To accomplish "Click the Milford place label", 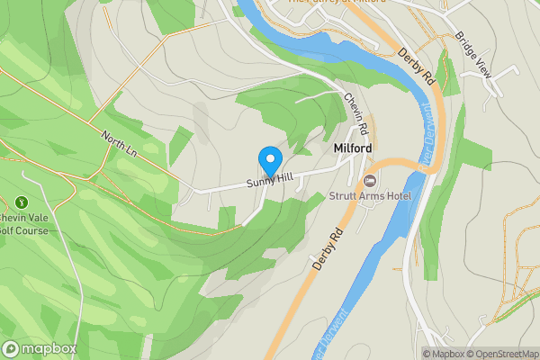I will [353, 148].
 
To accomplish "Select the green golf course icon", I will [22, 203].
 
